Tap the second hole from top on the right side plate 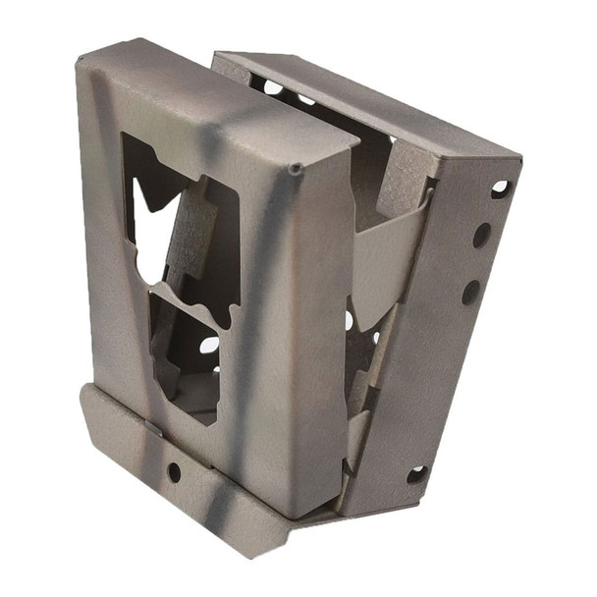[x=482, y=235]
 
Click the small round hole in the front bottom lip [x=174, y=471]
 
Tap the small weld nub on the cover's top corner [x=296, y=171]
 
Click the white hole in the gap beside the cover [x=350, y=320]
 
